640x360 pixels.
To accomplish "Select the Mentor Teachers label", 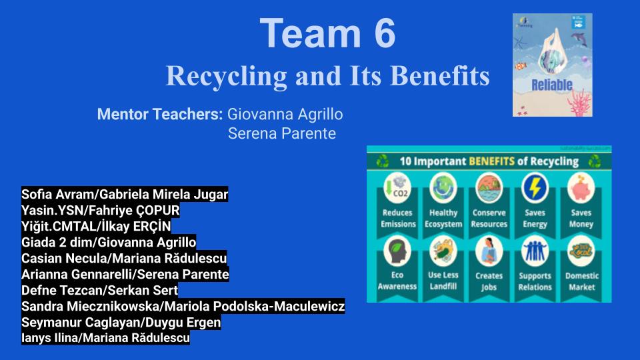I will [x=159, y=114].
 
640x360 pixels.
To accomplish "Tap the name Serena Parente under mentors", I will [x=281, y=134].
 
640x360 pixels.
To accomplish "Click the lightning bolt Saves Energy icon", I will [x=535, y=187].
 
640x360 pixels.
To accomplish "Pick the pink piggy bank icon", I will [x=581, y=187].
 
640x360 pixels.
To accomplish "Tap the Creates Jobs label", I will [x=489, y=281].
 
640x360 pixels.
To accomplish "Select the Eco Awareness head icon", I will [x=398, y=252].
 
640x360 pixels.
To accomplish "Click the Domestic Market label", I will [x=581, y=281].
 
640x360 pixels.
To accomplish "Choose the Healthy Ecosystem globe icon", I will [x=443, y=187].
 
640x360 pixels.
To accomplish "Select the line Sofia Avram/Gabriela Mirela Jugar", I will [x=125, y=195].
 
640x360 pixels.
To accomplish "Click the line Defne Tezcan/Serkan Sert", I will [x=99, y=291].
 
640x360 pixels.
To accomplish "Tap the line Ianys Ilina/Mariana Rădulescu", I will [x=105, y=338].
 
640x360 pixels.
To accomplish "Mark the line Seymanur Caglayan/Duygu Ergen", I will [x=121, y=323].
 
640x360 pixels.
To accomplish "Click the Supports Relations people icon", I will [x=535, y=252].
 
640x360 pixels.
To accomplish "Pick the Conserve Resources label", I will [x=489, y=219].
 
